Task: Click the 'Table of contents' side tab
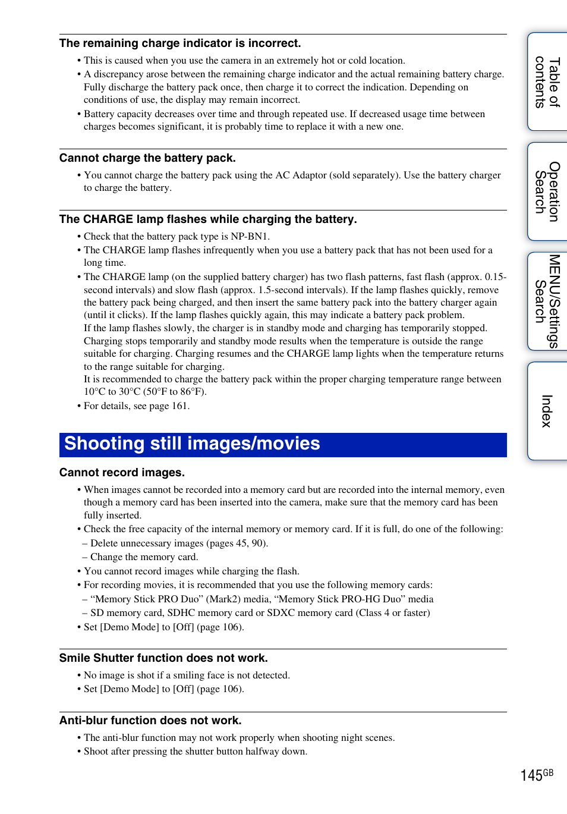click(x=547, y=82)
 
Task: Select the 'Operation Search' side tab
click(x=547, y=191)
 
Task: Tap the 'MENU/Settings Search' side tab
click(x=547, y=301)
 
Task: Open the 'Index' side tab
click(x=547, y=411)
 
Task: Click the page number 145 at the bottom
click(x=531, y=775)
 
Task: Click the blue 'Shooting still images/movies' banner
click(x=283, y=445)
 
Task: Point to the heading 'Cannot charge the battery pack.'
click(x=147, y=158)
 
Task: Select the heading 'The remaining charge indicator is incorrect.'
click(x=180, y=43)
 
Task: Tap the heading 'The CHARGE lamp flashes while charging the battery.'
click(x=208, y=219)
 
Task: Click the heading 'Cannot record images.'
click(x=122, y=473)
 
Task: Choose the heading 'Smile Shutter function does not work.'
click(x=163, y=658)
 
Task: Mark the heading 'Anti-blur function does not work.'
click(x=150, y=721)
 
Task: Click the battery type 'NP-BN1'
click(x=250, y=237)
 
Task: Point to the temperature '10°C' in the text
click(x=94, y=392)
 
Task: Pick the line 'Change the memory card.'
click(x=144, y=557)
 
